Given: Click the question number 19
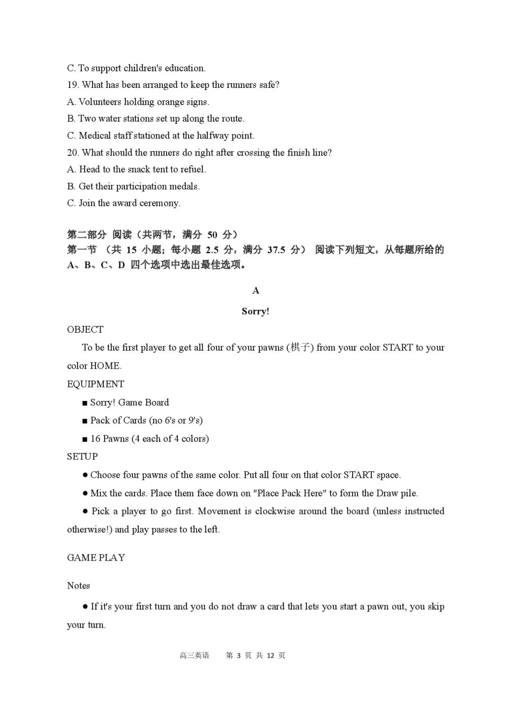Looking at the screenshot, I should click(73, 85).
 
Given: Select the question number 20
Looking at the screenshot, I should click(73, 153).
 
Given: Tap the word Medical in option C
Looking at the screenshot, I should click(95, 136).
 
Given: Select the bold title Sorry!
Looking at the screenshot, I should click(255, 311).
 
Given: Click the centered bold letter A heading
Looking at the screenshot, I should click(256, 291).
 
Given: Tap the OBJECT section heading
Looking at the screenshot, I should click(85, 330).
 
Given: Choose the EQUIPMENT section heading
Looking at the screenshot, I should click(95, 384).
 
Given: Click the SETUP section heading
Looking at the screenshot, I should click(82, 457).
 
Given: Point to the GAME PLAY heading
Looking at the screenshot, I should click(96, 558).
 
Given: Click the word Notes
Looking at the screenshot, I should click(78, 586).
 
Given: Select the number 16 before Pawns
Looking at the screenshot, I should click(95, 438).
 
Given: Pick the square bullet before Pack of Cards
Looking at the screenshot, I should click(85, 421).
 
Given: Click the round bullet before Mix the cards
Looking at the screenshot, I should click(85, 493).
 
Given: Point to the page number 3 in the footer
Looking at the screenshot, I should click(238, 656).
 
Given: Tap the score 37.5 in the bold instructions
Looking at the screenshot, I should click(276, 250).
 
